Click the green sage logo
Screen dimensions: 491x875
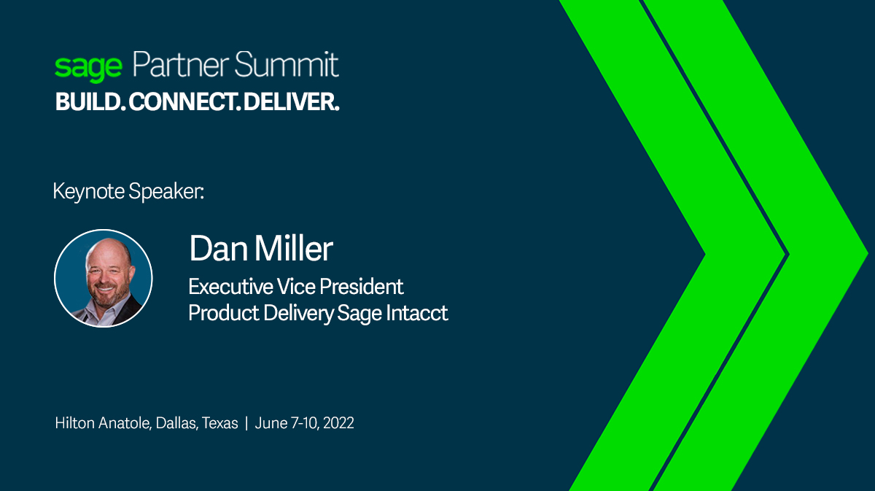click(88, 67)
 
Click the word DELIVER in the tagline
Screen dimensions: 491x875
click(291, 103)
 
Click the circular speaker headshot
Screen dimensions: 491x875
click(104, 278)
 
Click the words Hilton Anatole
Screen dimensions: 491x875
click(103, 423)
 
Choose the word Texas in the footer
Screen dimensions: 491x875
click(219, 423)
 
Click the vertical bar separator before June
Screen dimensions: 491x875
click(246, 423)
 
